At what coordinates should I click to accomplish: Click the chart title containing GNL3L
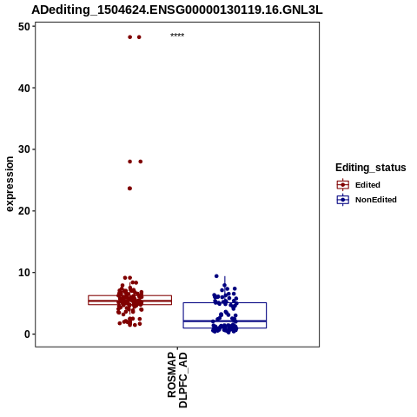177,10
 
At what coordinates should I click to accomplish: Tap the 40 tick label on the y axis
24,88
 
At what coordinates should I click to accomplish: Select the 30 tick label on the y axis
24,149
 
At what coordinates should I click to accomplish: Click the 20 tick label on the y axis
24,211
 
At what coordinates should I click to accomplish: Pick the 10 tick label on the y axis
24,273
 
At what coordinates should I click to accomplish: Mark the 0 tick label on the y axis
27,334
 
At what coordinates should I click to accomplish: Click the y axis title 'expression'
10,184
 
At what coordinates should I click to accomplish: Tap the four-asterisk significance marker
177,35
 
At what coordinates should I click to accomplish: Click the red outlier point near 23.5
129,189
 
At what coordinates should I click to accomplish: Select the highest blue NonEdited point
216,276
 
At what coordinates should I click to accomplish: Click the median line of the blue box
225,321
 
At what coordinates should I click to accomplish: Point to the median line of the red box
129,301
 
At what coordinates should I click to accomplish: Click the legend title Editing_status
371,168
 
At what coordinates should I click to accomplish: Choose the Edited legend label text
367,185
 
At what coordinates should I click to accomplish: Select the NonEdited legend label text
376,200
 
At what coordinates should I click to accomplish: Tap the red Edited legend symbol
343,185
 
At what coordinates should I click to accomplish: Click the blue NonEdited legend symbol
343,200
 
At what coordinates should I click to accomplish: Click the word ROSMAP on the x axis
172,374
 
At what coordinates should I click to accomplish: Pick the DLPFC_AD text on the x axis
183,381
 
